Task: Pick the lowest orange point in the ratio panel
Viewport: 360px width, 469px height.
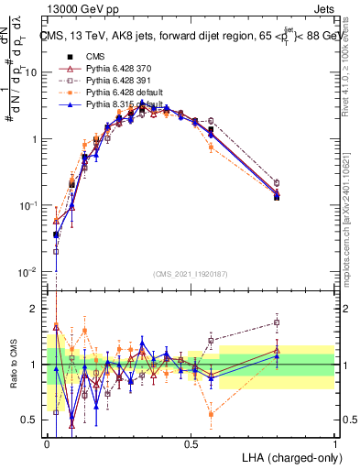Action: (212, 414)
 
